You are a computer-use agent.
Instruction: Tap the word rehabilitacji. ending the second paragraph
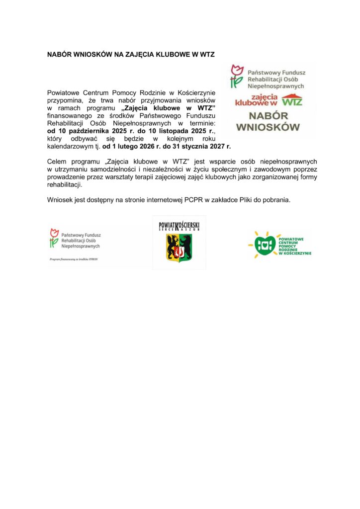(x=65, y=184)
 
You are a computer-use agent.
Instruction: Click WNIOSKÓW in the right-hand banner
(x=268, y=127)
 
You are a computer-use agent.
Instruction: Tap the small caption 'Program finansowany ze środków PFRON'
(x=74, y=259)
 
